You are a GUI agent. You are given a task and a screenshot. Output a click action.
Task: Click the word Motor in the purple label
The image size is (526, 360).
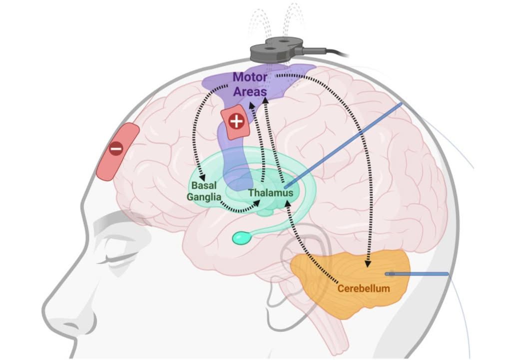click(250, 77)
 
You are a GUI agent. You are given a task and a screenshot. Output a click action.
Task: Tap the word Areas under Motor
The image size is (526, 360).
click(250, 91)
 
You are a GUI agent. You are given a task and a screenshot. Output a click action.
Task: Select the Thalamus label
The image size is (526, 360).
click(271, 193)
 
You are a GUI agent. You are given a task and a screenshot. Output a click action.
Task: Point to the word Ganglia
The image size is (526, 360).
click(204, 197)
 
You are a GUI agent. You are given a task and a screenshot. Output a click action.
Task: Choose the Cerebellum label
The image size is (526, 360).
click(364, 288)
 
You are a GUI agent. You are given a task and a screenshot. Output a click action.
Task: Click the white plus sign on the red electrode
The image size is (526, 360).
click(237, 121)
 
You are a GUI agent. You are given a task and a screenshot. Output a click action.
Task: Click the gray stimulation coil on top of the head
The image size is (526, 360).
click(277, 49)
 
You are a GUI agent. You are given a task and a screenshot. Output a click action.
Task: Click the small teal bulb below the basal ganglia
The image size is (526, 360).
click(241, 238)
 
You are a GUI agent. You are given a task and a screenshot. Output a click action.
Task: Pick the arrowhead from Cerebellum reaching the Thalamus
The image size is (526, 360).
click(288, 202)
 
